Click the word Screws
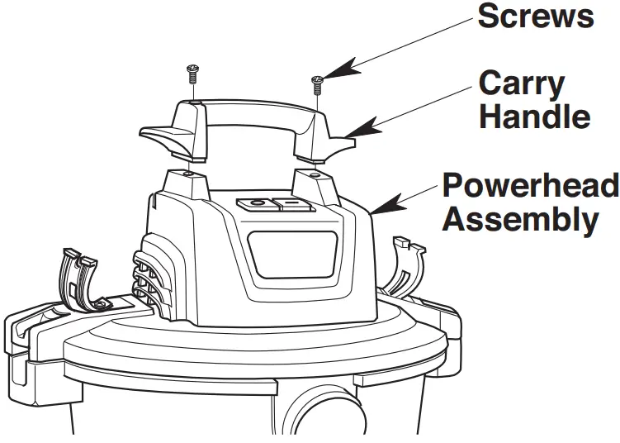coord(536,17)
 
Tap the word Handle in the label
coord(535,116)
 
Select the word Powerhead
coord(529,185)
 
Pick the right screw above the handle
coord(316,83)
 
